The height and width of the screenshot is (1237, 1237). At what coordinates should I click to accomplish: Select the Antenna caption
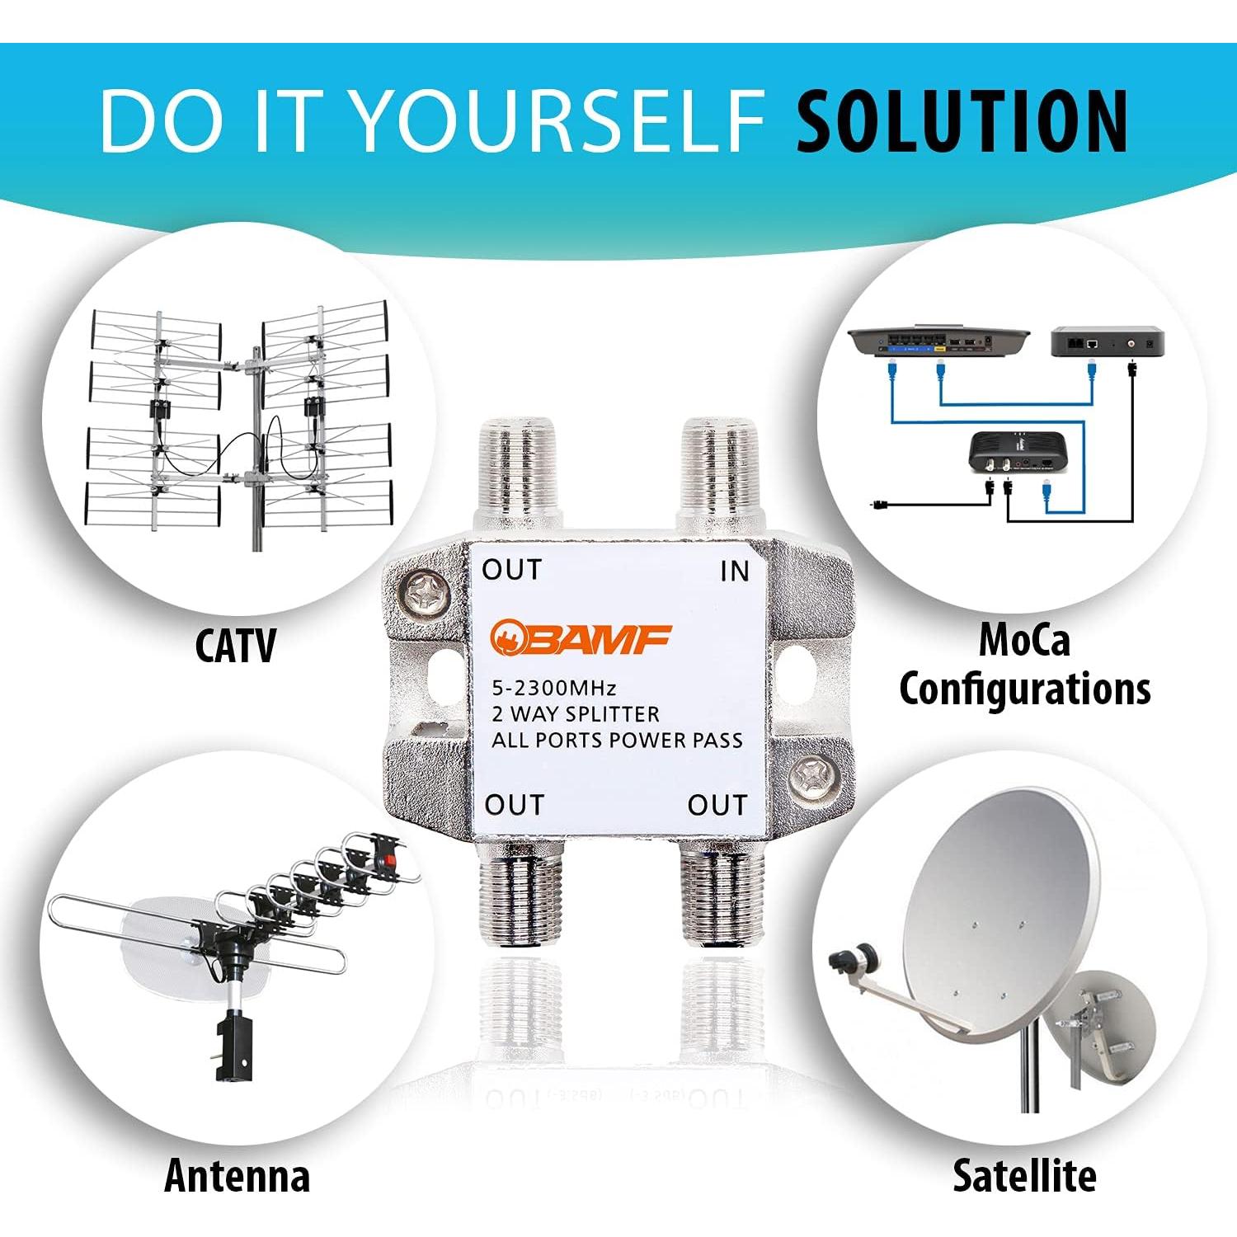238,1175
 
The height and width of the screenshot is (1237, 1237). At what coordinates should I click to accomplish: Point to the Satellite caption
1024,1175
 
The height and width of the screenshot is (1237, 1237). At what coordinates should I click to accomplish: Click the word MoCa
1024,640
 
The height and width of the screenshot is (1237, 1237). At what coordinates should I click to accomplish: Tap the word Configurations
1024,689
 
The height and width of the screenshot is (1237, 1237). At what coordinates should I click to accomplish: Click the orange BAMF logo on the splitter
581,638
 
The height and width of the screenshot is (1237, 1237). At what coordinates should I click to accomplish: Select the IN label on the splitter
734,571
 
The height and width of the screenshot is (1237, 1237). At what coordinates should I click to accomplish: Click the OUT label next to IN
511,569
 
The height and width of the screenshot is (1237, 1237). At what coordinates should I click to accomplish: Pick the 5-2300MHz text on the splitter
554,688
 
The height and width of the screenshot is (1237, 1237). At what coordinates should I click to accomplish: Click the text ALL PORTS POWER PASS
617,740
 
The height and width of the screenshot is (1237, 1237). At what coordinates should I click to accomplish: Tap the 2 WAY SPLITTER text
576,714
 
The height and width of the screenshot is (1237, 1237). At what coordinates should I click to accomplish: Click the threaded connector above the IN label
717,474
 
